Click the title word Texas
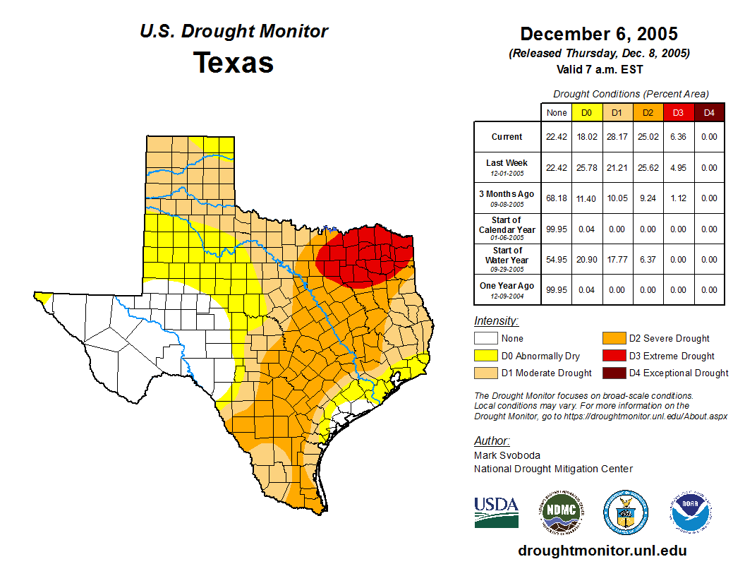click(234, 62)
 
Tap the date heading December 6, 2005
click(599, 34)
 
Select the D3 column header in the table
click(677, 112)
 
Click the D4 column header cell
click(709, 112)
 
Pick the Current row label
click(507, 137)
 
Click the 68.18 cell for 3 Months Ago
click(557, 198)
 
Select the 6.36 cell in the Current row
click(677, 137)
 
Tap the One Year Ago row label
click(507, 285)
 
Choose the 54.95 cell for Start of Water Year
click(557, 260)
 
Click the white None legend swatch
click(485, 339)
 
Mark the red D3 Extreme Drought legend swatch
click(612, 356)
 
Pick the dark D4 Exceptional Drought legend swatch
click(612, 373)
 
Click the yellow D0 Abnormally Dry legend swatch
click(485, 356)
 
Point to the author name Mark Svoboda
click(507, 455)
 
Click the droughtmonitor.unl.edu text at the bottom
click(602, 551)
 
